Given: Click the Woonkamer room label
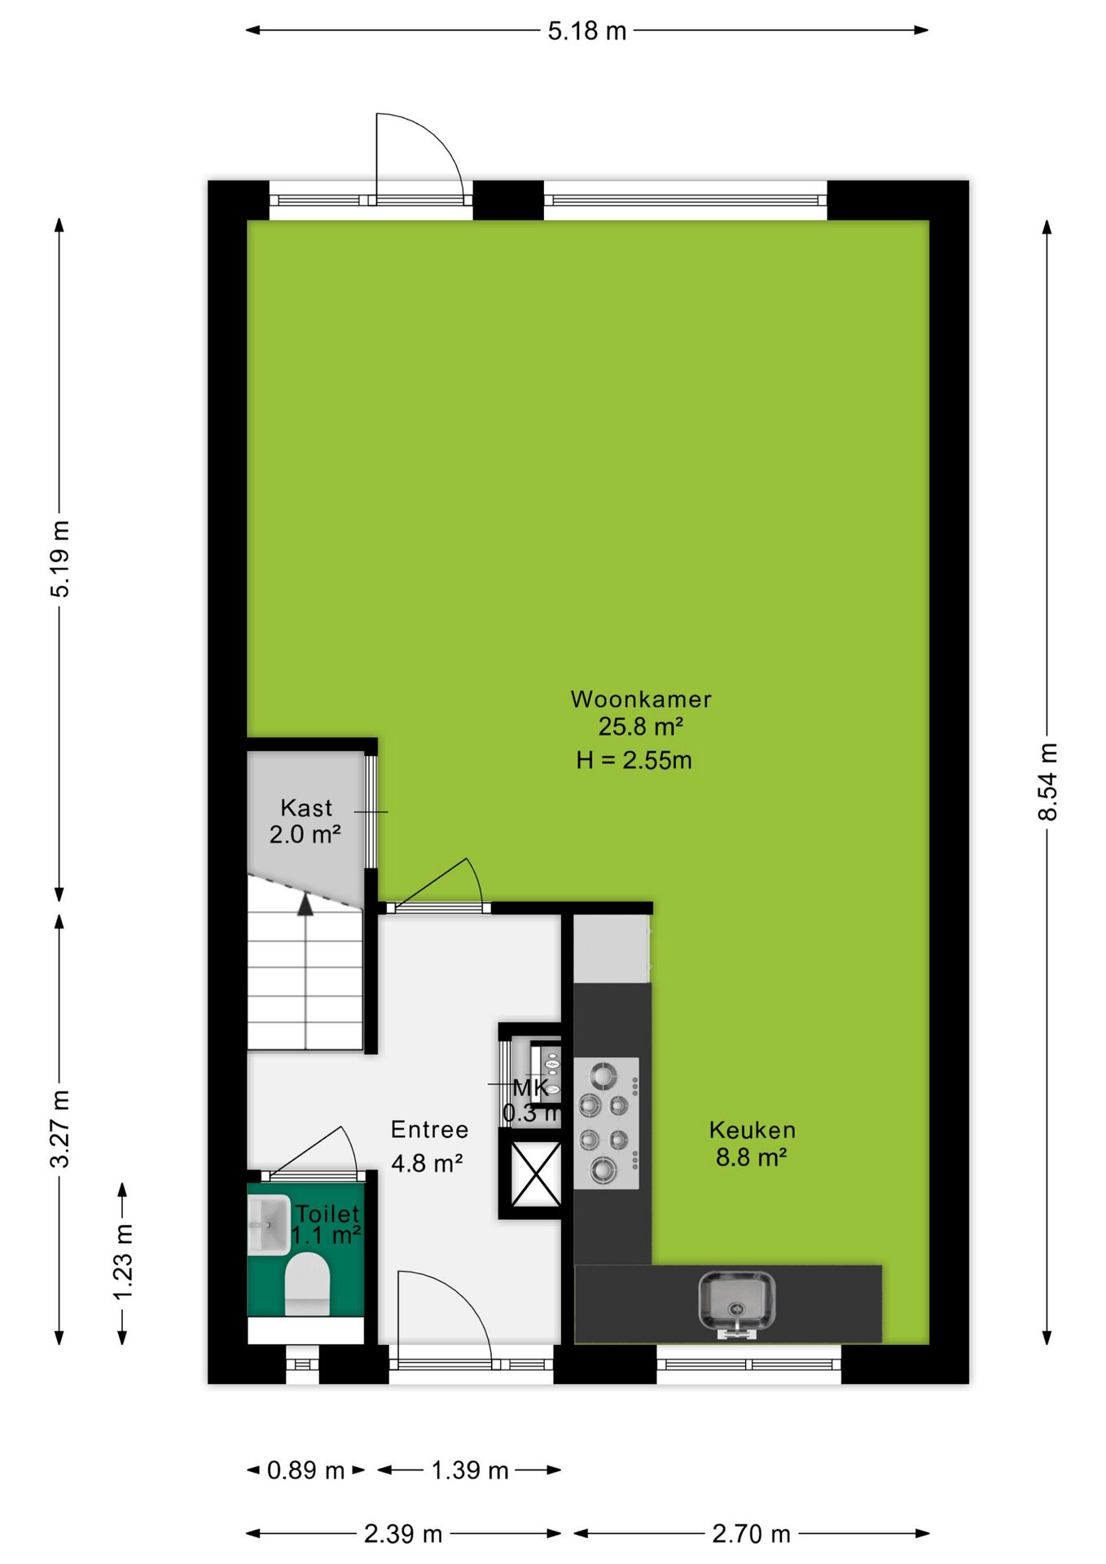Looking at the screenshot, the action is pyautogui.click(x=641, y=699).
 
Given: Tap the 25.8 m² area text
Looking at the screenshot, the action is pyautogui.click(x=641, y=726).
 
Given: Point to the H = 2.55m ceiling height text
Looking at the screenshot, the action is pyautogui.click(x=634, y=760).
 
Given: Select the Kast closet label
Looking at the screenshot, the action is pyautogui.click(x=306, y=807).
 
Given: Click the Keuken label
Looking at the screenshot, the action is pyautogui.click(x=752, y=1130).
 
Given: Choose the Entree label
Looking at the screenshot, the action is pyautogui.click(x=429, y=1129).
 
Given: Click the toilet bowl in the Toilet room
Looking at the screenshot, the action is pyautogui.click(x=307, y=1284).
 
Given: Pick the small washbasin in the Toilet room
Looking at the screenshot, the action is pyautogui.click(x=268, y=1224).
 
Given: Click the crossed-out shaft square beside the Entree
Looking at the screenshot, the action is pyautogui.click(x=535, y=1174).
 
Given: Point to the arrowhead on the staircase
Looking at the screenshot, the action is pyautogui.click(x=305, y=904).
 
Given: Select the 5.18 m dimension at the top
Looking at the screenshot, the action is pyautogui.click(x=586, y=31).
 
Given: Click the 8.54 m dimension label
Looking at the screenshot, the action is pyautogui.click(x=1047, y=782).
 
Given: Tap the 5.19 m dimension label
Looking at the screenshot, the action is pyautogui.click(x=59, y=559).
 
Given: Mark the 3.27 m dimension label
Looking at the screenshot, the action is pyautogui.click(x=59, y=1128).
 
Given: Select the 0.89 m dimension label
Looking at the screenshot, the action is pyautogui.click(x=305, y=1470).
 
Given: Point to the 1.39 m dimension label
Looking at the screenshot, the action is pyautogui.click(x=470, y=1470).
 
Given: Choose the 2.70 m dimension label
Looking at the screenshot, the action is pyautogui.click(x=751, y=1534).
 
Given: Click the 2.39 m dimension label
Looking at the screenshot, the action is pyautogui.click(x=403, y=1534).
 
